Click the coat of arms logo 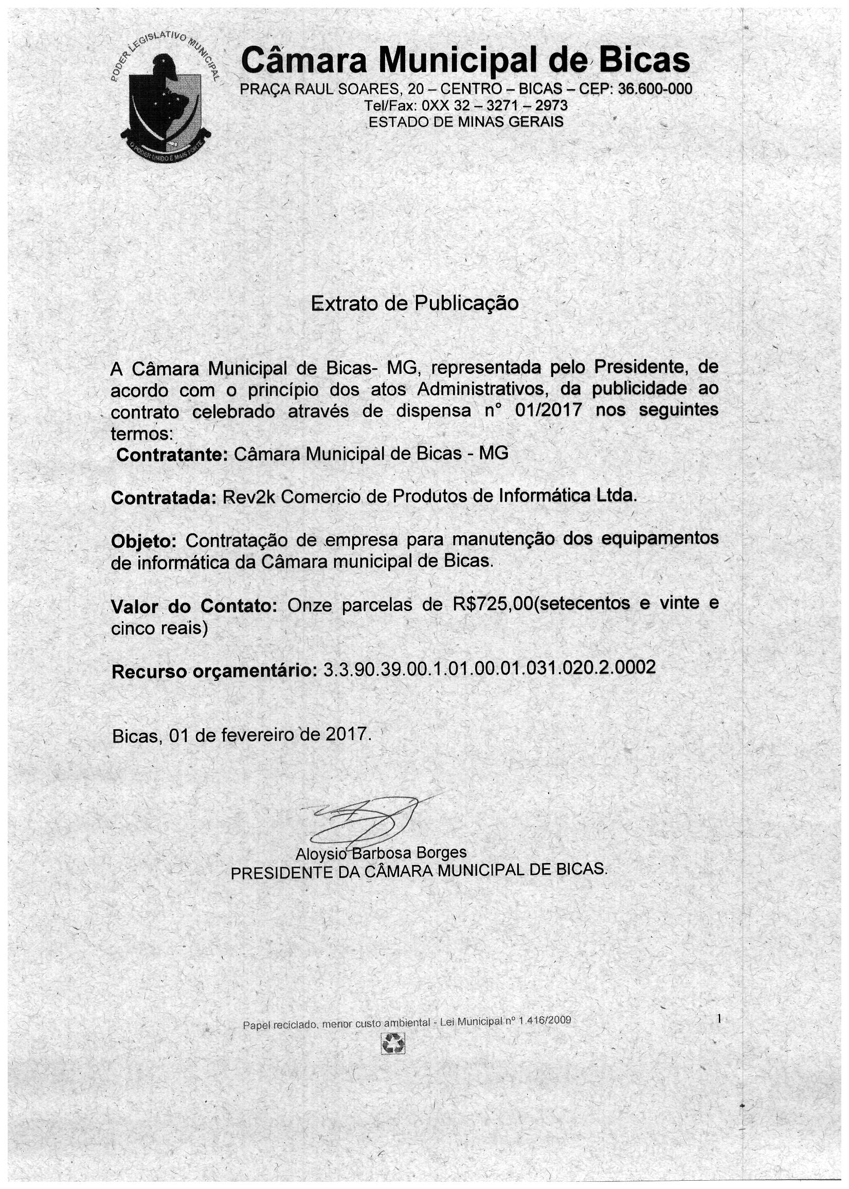click(165, 100)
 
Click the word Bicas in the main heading click(644, 61)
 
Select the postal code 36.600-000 click(655, 89)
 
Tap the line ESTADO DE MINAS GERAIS click(466, 122)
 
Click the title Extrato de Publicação click(414, 303)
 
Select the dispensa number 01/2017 click(548, 410)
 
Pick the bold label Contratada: click(164, 498)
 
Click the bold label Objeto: click(144, 541)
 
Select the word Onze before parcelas click(310, 605)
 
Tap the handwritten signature click(366, 819)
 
